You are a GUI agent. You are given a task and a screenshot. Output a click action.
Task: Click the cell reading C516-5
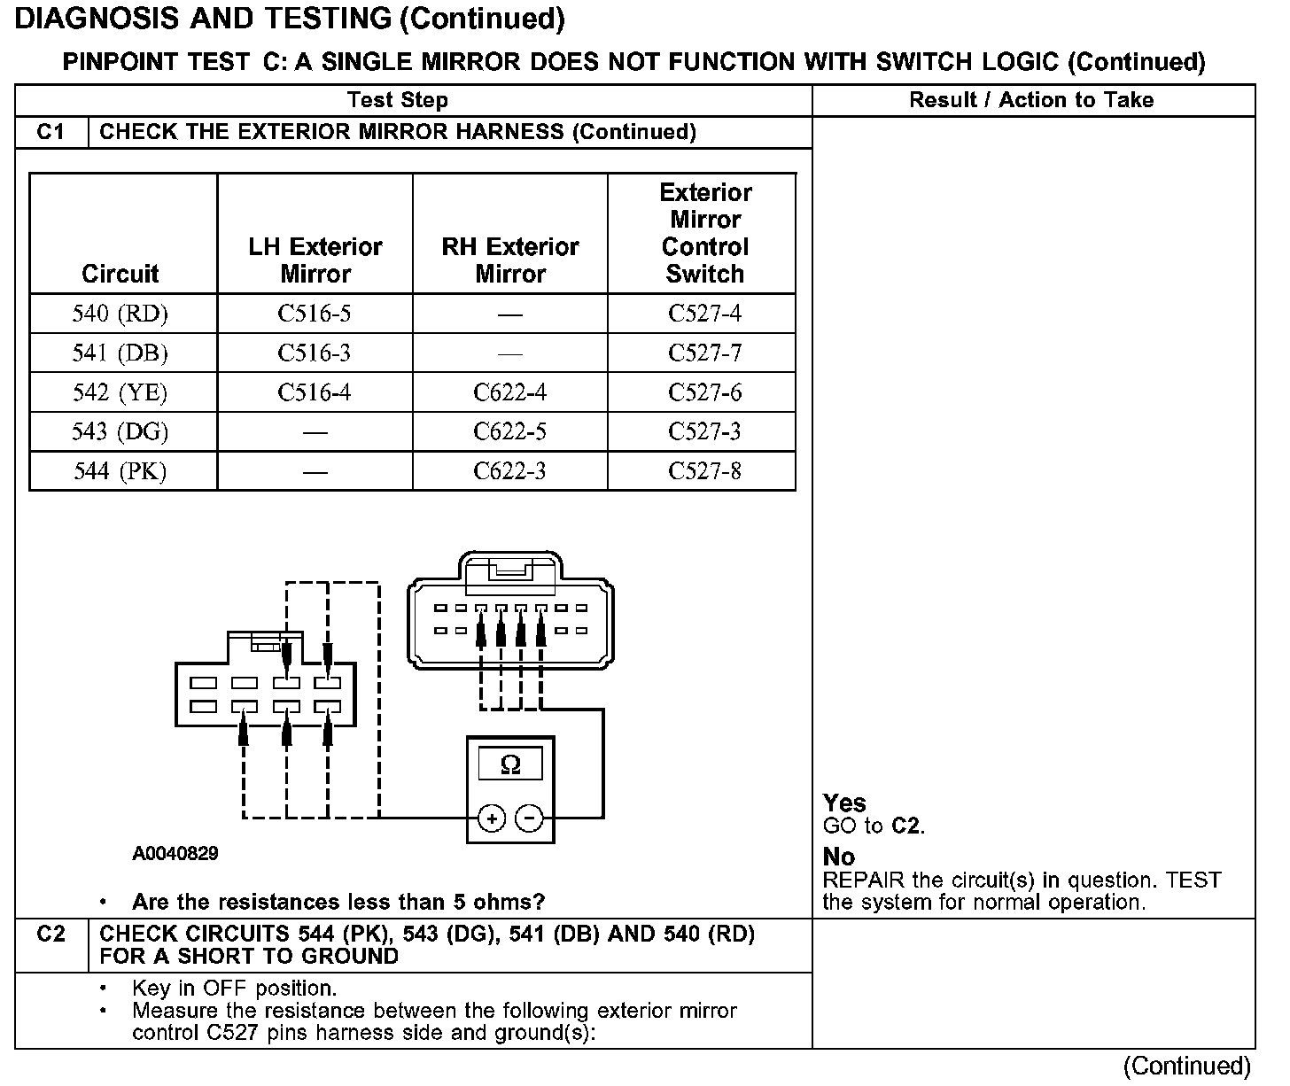[x=315, y=314]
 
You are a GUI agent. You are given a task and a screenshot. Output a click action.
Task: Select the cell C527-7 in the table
[x=704, y=353]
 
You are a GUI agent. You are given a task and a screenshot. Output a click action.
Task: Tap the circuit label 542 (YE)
[x=120, y=392]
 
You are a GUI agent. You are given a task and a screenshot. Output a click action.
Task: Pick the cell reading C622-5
[x=509, y=431]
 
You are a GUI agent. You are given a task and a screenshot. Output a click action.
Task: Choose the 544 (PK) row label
[x=120, y=470]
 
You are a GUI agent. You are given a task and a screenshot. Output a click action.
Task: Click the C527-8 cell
[x=704, y=470]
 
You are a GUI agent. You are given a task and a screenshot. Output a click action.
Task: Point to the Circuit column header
[x=120, y=274]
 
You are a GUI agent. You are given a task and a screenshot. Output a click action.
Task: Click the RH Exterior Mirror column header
[x=509, y=260]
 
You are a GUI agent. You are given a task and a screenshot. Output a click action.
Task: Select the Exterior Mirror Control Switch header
[x=704, y=233]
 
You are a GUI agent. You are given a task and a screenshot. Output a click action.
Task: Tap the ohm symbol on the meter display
[x=510, y=764]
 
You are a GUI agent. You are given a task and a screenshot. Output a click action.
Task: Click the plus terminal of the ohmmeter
[x=492, y=818]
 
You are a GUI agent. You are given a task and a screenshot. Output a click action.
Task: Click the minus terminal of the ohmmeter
[x=530, y=818]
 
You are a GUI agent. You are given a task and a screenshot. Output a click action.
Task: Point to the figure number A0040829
[x=175, y=854]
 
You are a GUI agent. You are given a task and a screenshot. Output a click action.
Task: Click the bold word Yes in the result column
[x=844, y=803]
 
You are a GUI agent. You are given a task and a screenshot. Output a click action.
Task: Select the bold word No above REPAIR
[x=839, y=857]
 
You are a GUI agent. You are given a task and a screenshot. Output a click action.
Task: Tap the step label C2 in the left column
[x=51, y=934]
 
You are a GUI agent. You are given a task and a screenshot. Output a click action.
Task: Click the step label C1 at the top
[x=51, y=132]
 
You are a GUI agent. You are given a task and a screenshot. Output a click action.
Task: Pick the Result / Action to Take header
[x=1031, y=100]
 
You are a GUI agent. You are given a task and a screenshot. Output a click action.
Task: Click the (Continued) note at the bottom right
[x=1187, y=1066]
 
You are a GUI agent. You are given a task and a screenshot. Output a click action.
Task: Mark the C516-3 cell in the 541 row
[x=315, y=353]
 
